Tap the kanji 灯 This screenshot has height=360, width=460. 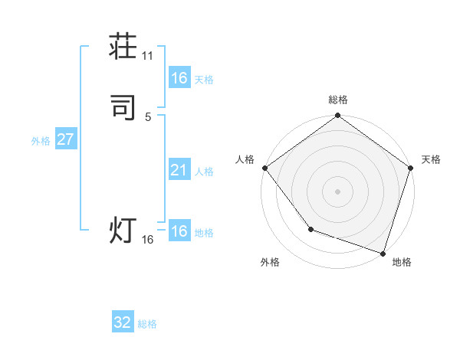[x=123, y=231]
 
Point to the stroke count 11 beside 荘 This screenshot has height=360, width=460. [x=148, y=56]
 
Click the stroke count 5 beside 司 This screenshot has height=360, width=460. [x=148, y=116]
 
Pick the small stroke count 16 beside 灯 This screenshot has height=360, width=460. [x=148, y=240]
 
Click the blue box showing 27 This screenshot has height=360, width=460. [x=65, y=139]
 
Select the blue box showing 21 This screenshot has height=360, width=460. [x=179, y=170]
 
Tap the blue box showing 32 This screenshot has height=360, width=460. [x=123, y=322]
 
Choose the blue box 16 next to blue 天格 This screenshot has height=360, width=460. [x=179, y=78]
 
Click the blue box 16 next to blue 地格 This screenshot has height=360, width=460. [x=179, y=231]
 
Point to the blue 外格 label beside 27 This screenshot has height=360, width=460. [x=41, y=141]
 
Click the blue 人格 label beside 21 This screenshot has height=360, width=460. [x=204, y=172]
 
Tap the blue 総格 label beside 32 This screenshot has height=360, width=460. [x=147, y=324]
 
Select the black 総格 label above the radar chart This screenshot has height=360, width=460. [x=338, y=100]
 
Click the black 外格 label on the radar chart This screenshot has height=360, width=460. [x=270, y=262]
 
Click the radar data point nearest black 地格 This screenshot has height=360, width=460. [x=383, y=253]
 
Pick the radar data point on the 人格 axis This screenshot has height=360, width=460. [x=264, y=168]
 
